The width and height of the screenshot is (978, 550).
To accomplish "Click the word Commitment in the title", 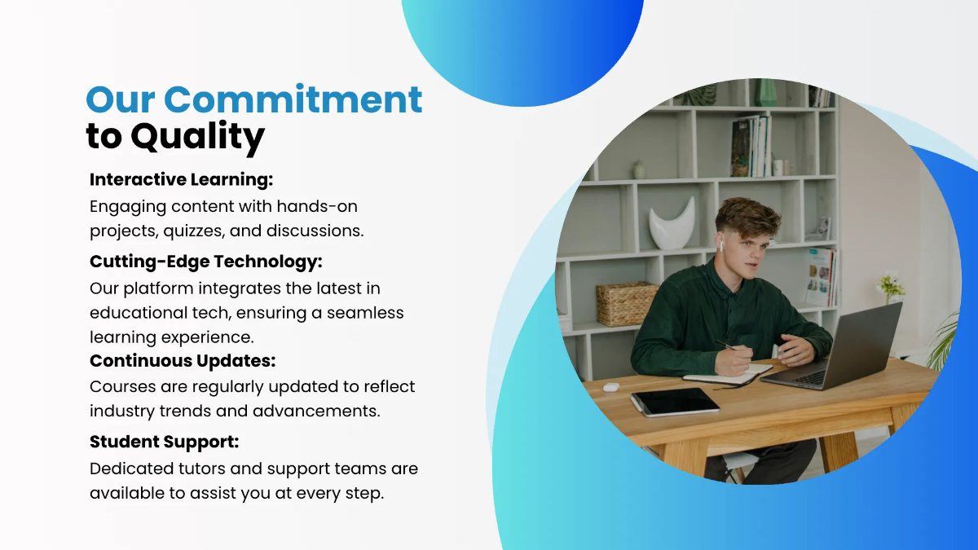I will click(x=293, y=99).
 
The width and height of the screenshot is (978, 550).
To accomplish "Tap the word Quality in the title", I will click(x=197, y=137).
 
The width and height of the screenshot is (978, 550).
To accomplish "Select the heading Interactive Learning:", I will click(x=181, y=180).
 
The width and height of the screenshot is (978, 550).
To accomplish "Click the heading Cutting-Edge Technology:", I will click(x=205, y=262).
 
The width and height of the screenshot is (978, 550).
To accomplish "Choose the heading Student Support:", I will click(x=164, y=442).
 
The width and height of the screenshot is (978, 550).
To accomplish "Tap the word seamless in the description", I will click(x=365, y=313).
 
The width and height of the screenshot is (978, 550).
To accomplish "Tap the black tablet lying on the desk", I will click(x=675, y=401).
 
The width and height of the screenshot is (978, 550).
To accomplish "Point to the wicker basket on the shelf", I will click(x=626, y=303).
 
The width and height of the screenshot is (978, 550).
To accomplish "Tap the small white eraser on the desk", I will click(x=611, y=387).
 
